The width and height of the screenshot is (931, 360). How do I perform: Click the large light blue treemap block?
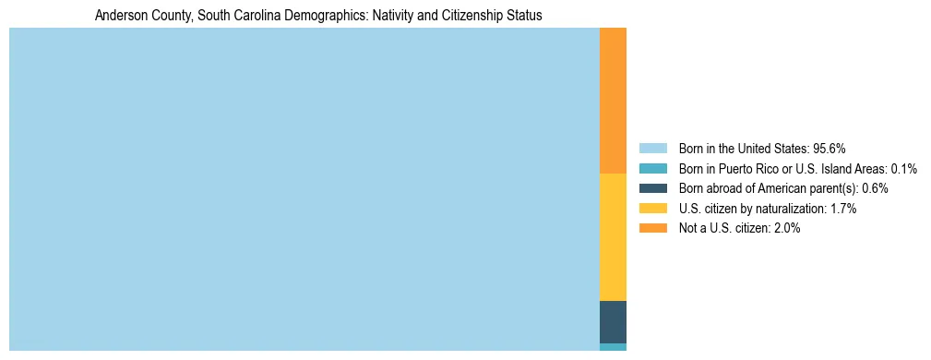point(304,189)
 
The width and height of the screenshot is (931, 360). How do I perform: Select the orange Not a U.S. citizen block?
point(613,101)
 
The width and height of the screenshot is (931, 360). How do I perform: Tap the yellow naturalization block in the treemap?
point(613,237)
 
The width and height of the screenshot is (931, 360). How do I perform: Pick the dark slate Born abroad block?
point(613,322)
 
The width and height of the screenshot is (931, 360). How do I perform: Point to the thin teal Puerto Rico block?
point(613,347)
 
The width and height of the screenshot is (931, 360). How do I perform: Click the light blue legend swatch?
point(652,148)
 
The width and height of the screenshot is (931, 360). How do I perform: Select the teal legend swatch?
point(652,168)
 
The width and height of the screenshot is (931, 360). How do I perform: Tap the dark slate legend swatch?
point(652,188)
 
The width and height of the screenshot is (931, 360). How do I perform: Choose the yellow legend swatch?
point(652,209)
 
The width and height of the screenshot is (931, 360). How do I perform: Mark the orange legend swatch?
point(652,229)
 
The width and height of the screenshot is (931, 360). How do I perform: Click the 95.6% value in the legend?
point(830,148)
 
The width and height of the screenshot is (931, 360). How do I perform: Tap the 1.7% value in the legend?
point(843,209)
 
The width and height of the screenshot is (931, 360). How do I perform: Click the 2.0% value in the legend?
point(786,229)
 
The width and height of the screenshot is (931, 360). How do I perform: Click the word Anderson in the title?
point(120,16)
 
